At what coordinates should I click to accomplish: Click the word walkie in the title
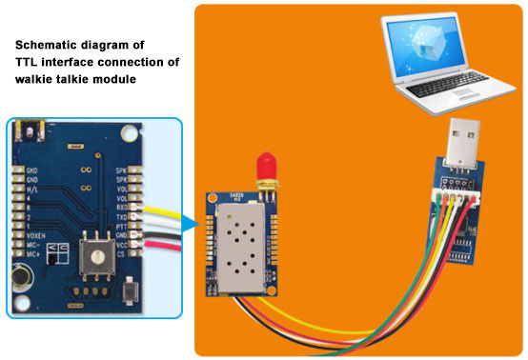click(36, 81)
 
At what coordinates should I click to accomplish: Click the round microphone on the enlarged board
click(19, 280)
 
